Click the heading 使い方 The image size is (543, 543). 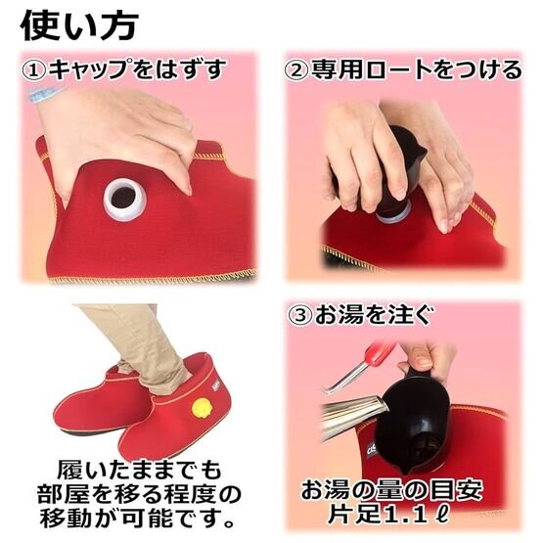(79, 24)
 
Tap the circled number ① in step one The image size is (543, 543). (33, 70)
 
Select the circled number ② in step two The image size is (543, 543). (296, 70)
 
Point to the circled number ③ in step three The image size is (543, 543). (300, 315)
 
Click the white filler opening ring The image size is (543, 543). (124, 200)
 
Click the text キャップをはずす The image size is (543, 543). (137, 69)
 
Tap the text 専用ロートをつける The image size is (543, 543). (416, 70)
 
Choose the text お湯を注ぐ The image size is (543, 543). (374, 315)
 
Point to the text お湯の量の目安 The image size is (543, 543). (391, 489)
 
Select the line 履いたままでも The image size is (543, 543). (139, 470)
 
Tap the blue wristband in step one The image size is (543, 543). (44, 94)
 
